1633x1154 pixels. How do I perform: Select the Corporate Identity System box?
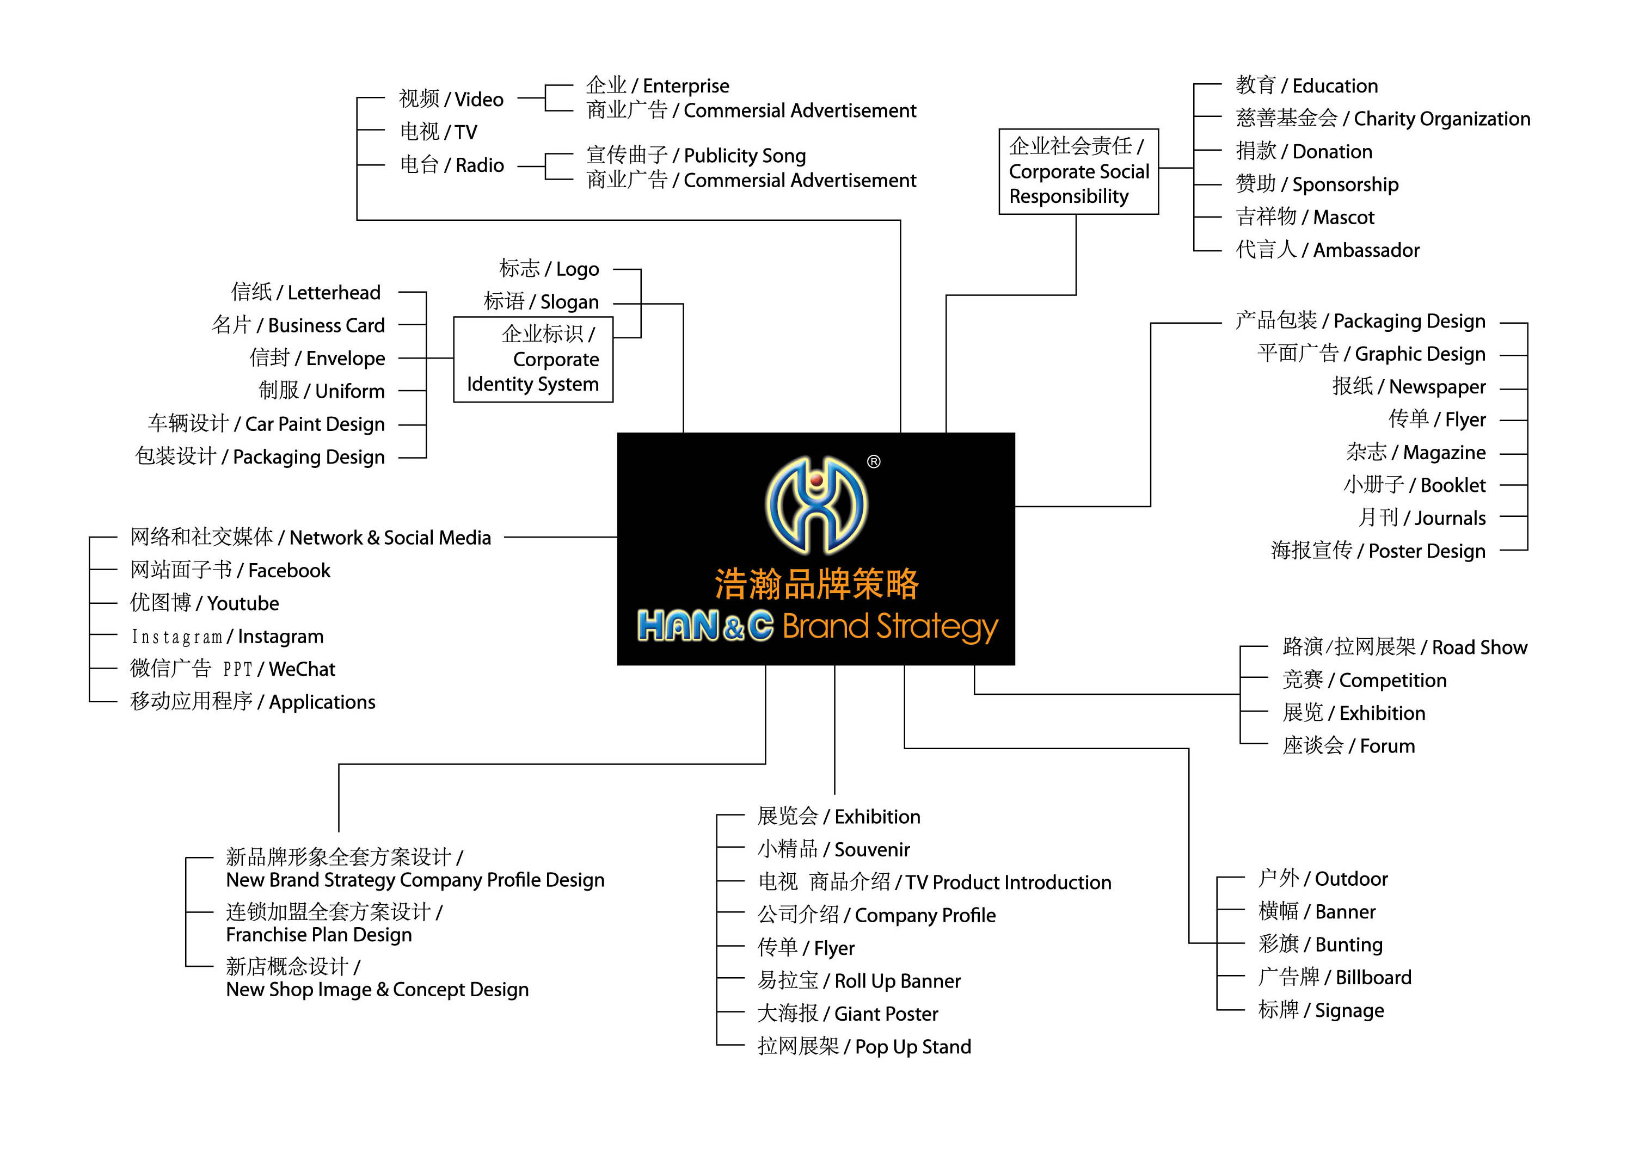click(x=533, y=359)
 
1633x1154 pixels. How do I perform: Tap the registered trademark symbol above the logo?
click(x=874, y=462)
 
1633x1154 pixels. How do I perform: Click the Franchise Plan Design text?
click(x=318, y=934)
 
